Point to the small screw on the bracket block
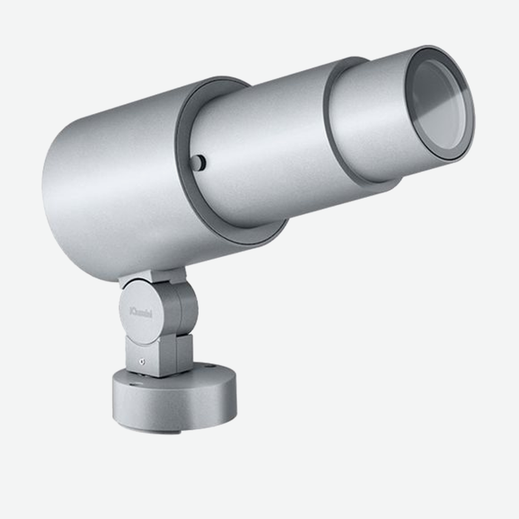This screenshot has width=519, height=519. (141, 362)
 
